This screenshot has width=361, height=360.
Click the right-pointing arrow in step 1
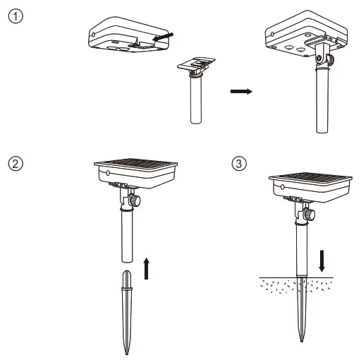click(240, 92)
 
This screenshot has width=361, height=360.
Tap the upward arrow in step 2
click(146, 268)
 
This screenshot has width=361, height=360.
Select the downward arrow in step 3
click(322, 259)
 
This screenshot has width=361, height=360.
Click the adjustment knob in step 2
click(135, 201)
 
